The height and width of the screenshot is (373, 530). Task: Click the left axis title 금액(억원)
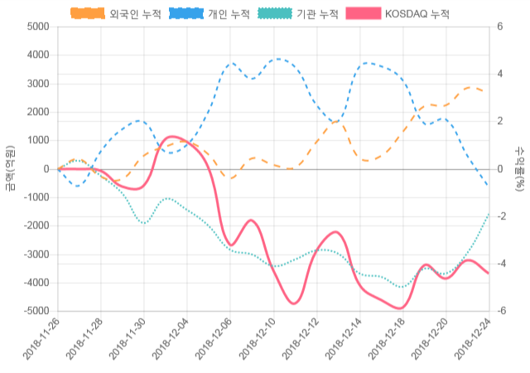pyautogui.click(x=10, y=168)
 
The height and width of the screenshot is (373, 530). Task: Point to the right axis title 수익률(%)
pyautogui.click(x=519, y=168)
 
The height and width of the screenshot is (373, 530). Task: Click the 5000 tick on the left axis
pyautogui.click(x=38, y=27)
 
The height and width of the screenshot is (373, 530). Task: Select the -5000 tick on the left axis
pyautogui.click(x=36, y=311)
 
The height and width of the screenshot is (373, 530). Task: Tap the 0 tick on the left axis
pyautogui.click(x=46, y=169)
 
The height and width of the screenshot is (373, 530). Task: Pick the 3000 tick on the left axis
pyautogui.click(x=38, y=84)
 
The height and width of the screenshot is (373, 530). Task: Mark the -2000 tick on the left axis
pyautogui.click(x=36, y=225)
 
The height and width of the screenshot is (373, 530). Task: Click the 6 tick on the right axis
pyautogui.click(x=500, y=27)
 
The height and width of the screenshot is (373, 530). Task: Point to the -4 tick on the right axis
pyautogui.click(x=502, y=264)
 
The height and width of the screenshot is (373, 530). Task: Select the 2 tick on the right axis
pyautogui.click(x=500, y=121)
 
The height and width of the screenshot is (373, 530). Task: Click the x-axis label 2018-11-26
pyautogui.click(x=41, y=342)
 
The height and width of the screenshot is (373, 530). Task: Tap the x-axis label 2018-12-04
pyautogui.click(x=171, y=342)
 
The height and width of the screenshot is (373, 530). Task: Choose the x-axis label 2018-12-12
pyautogui.click(x=301, y=342)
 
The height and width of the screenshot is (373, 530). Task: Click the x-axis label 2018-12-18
pyautogui.click(x=388, y=342)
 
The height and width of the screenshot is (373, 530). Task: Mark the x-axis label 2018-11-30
pyautogui.click(x=128, y=342)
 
